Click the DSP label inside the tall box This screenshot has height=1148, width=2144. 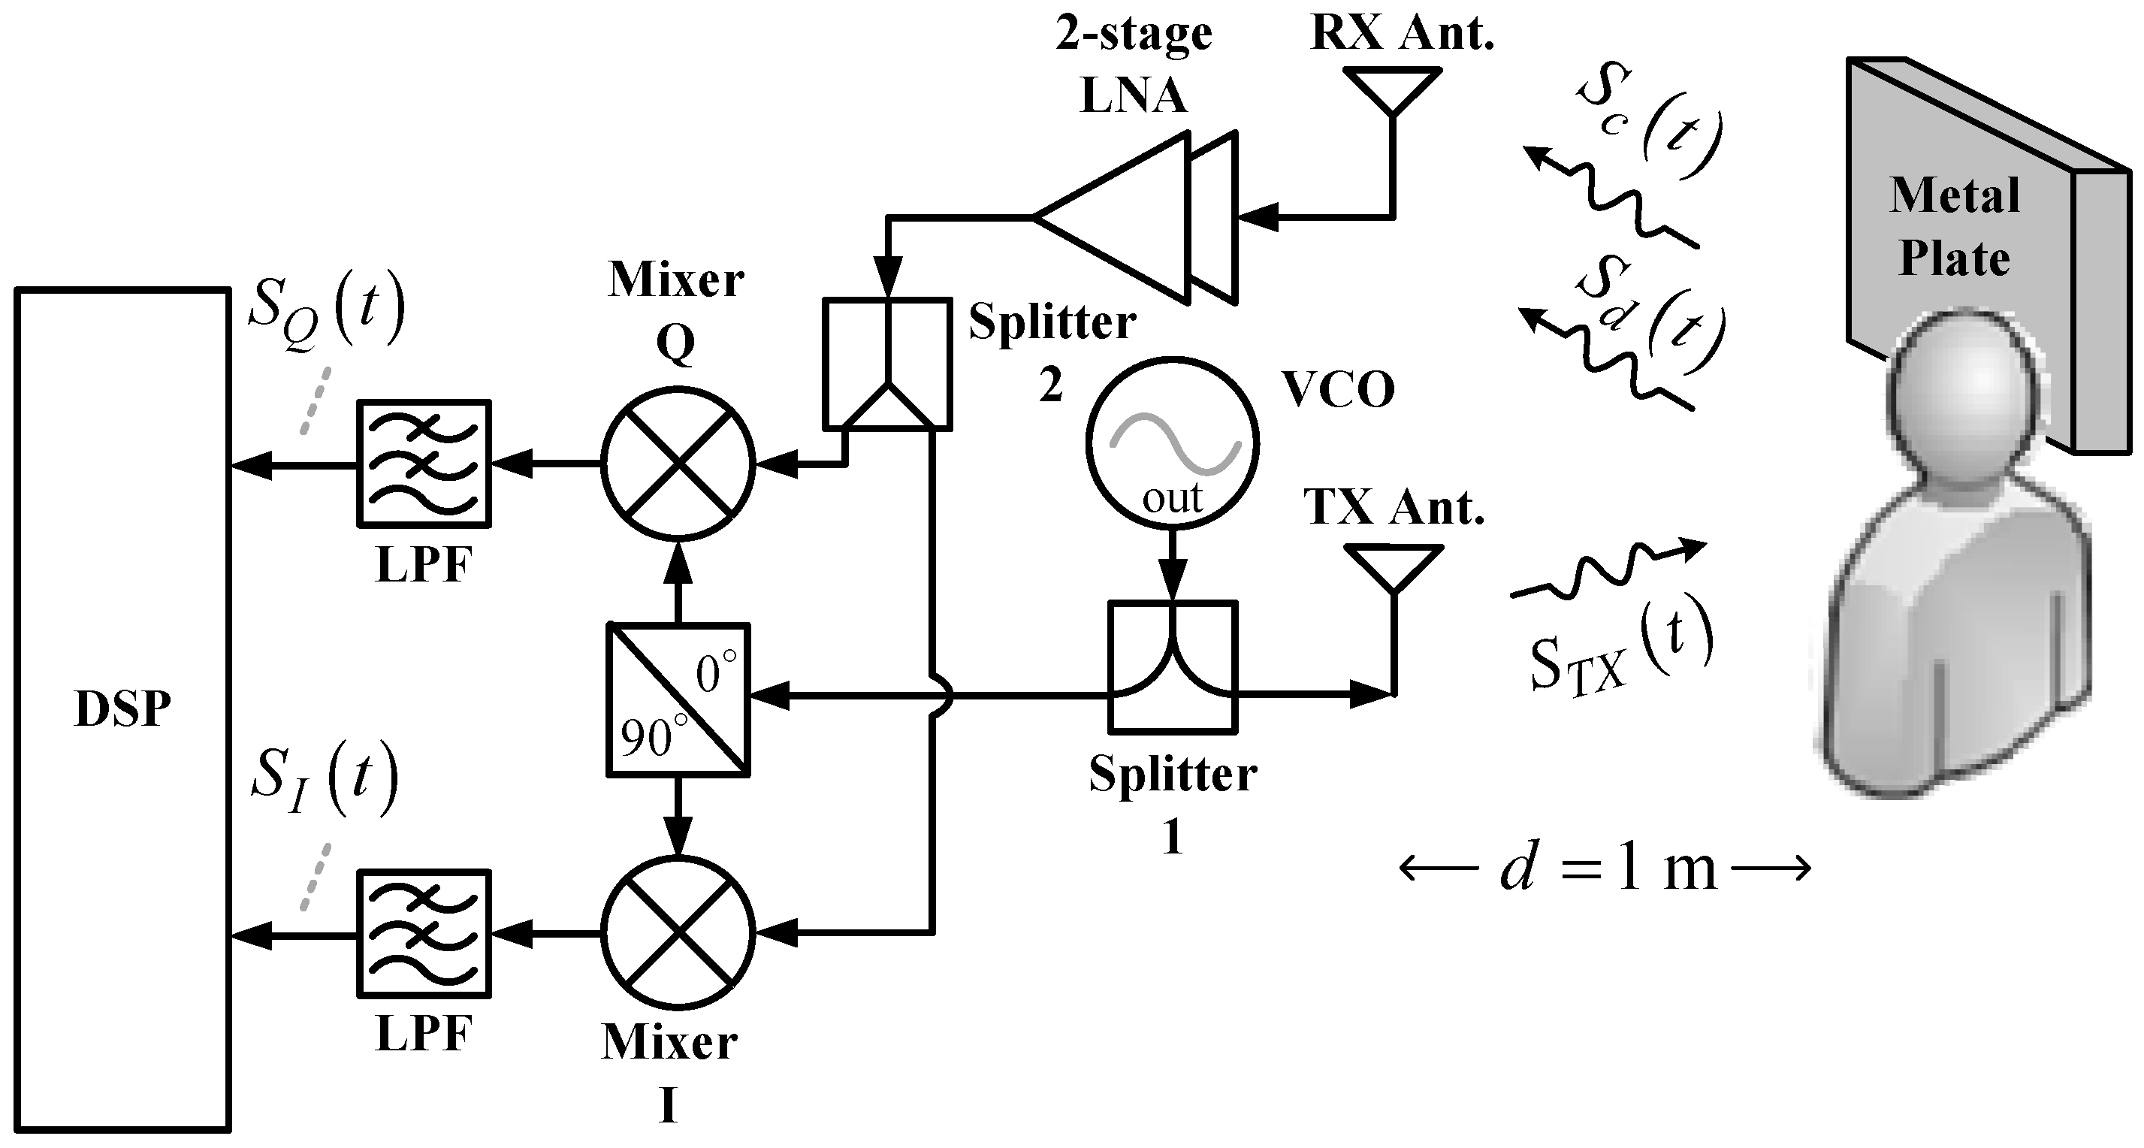click(x=122, y=710)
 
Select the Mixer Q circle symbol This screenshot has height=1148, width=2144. click(x=678, y=464)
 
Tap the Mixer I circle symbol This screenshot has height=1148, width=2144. click(x=678, y=932)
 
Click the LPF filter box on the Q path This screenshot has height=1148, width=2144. click(x=424, y=464)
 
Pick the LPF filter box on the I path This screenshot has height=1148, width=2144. click(x=424, y=933)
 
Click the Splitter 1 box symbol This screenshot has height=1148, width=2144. click(x=1173, y=668)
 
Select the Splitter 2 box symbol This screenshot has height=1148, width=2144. click(x=887, y=364)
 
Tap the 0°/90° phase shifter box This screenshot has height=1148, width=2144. click(x=678, y=699)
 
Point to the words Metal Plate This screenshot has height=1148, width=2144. click(x=1954, y=226)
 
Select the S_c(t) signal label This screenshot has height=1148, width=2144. click(x=1648, y=125)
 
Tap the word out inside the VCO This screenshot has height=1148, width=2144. click(x=1172, y=499)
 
